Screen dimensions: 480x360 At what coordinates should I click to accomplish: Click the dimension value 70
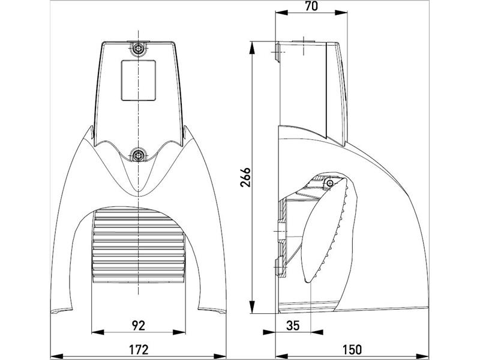coord(311,6)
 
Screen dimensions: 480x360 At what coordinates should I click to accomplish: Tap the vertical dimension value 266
coord(245,177)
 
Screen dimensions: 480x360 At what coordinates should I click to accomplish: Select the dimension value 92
coord(139,325)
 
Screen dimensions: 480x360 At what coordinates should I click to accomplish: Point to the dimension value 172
coord(139,349)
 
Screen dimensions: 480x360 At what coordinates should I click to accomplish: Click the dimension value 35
coord(293,325)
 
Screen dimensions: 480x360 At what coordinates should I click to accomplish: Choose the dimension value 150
coord(352,349)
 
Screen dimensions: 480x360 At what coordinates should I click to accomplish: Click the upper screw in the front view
coord(139,48)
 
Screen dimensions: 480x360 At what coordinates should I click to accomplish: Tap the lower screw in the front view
coord(139,155)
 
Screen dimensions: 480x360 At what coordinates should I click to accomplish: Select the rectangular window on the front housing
coord(139,80)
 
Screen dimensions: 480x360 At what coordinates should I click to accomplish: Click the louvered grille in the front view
coord(139,247)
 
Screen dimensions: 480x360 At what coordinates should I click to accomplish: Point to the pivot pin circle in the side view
coord(329,183)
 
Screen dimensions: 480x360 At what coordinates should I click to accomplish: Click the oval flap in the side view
coord(325,230)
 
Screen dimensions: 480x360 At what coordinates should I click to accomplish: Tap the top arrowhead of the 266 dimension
coord(252,48)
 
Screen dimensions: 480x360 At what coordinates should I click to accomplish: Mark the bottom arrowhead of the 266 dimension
coord(252,307)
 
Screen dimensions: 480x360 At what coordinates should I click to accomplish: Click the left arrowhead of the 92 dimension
coord(98,332)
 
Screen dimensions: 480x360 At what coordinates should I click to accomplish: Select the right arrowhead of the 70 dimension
coord(341,13)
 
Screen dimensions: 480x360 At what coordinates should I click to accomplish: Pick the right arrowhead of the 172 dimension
coord(220,356)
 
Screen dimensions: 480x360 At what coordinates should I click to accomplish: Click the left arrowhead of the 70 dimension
coord(281,13)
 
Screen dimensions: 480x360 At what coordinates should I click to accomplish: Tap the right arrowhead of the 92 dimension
coord(179,332)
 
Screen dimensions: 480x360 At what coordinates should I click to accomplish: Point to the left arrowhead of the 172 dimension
coord(56,356)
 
